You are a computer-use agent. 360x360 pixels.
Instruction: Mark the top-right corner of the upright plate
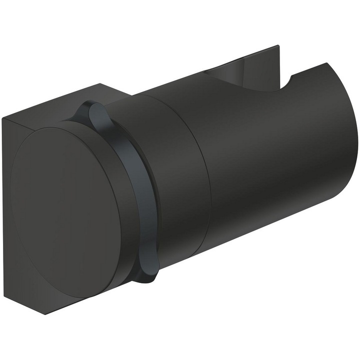coord(278,46)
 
